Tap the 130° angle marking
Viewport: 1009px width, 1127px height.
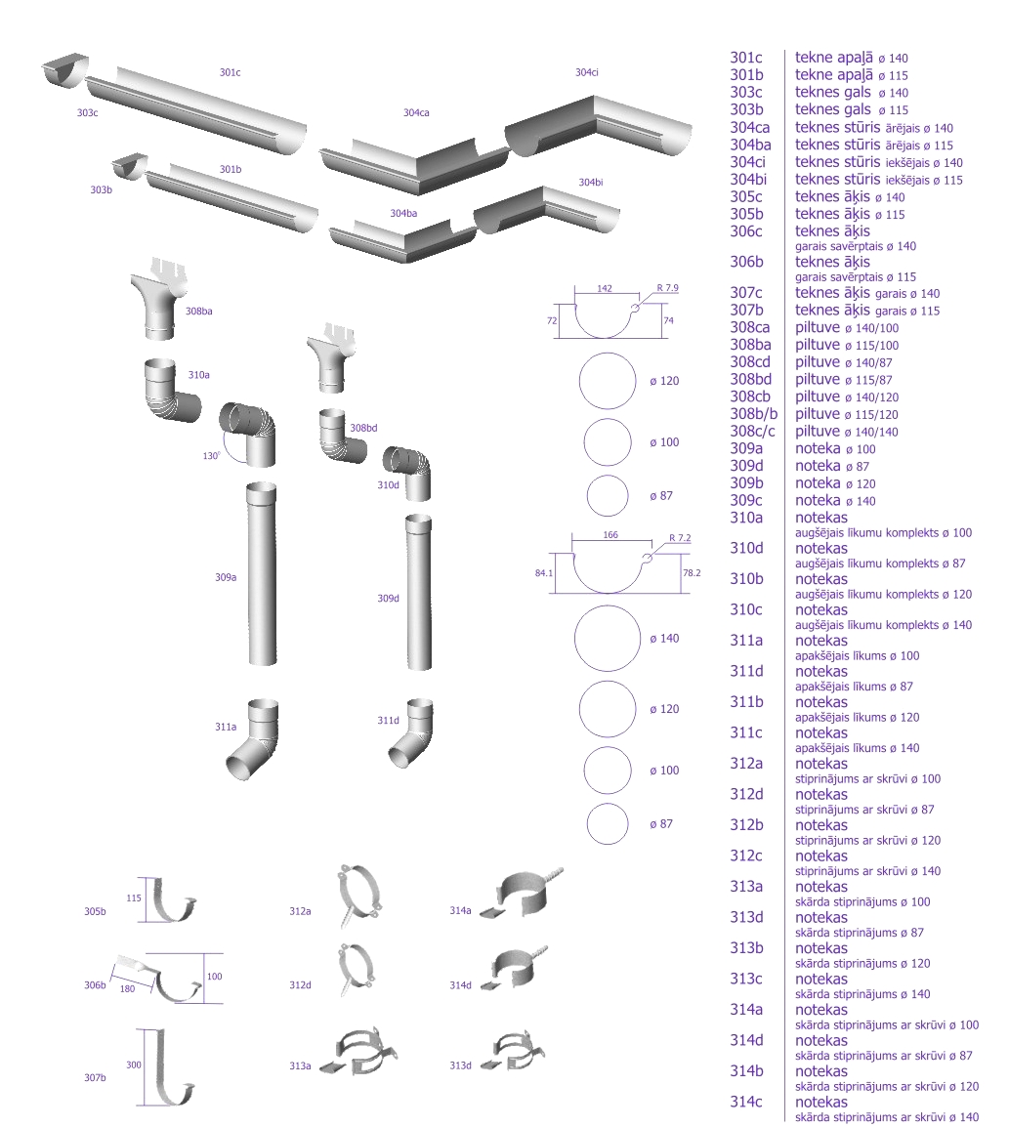coord(210,455)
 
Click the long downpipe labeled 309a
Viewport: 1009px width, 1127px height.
coord(262,576)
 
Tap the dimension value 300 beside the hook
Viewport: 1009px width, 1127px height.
coord(135,1064)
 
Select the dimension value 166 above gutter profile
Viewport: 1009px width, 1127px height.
coord(612,535)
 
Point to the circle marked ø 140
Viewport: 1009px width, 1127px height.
coord(607,639)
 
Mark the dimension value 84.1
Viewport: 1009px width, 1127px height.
coord(545,572)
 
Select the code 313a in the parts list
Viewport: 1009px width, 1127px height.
coord(747,886)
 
